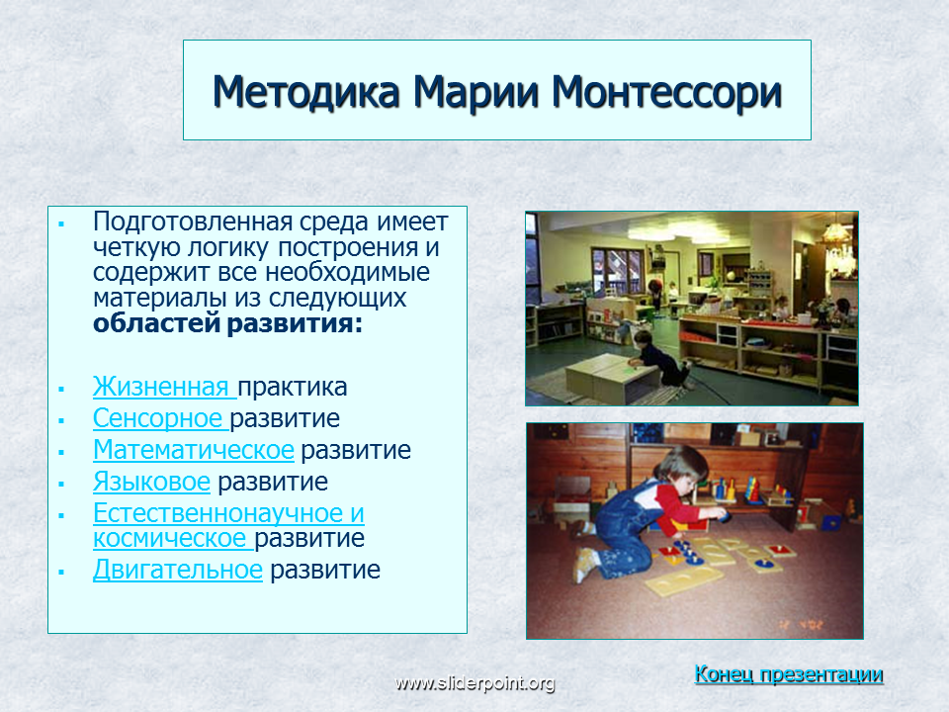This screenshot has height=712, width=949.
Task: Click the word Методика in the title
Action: [305, 92]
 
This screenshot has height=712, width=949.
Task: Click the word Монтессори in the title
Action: [666, 93]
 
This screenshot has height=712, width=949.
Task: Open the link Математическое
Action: [194, 450]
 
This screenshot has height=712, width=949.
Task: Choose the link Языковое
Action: [151, 482]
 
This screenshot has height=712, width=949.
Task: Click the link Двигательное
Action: [177, 570]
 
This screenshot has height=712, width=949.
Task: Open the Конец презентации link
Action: [789, 673]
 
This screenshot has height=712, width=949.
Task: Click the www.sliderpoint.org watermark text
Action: [474, 683]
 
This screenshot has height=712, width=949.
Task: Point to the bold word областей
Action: [156, 322]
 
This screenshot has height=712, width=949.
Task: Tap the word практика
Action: [293, 387]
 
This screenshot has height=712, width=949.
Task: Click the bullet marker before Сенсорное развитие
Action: [61, 420]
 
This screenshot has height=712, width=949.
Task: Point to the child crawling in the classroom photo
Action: [658, 358]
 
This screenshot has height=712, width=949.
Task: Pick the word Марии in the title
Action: [475, 93]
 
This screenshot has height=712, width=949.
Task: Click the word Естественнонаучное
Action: [217, 513]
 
